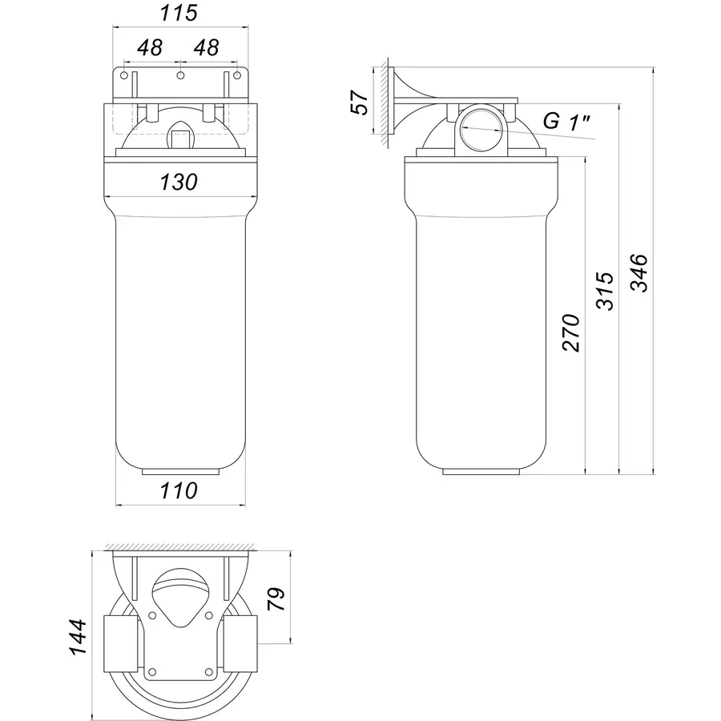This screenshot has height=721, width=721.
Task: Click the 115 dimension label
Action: (179, 12)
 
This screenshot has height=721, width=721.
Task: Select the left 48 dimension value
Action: (150, 47)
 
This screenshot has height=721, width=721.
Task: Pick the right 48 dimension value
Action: (206, 47)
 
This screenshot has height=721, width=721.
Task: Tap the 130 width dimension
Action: (179, 182)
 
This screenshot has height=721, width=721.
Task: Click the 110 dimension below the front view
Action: (179, 490)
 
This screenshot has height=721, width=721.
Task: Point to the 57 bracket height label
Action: (360, 102)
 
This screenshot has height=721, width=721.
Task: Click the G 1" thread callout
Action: (566, 122)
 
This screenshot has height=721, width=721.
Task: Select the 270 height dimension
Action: (571, 333)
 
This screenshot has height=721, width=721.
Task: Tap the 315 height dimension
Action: (605, 291)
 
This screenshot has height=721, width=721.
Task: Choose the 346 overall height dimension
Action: (638, 272)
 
